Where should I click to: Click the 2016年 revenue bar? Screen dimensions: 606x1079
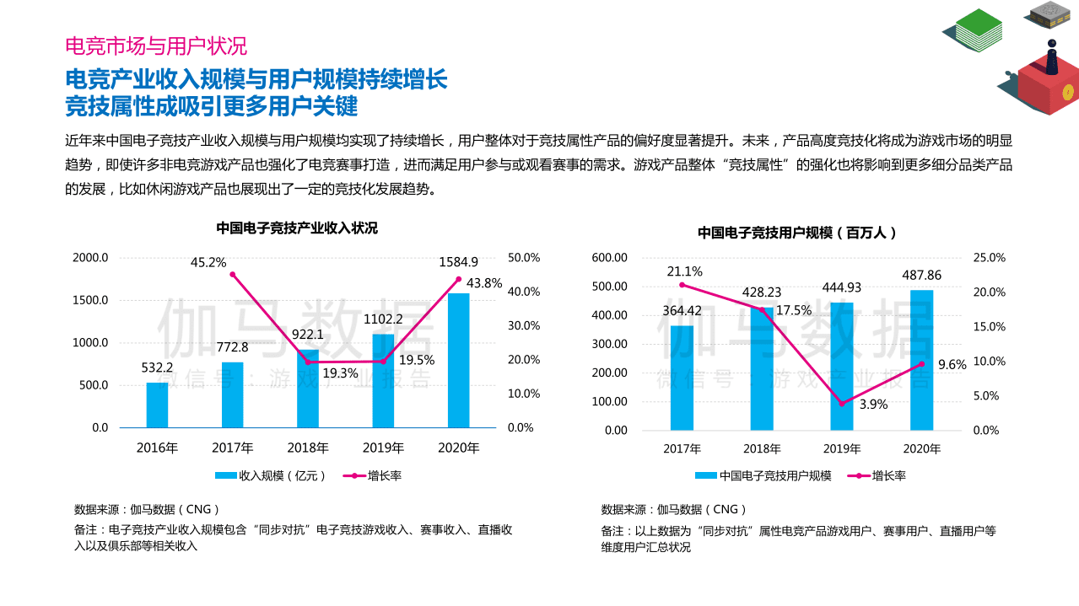coord(157,405)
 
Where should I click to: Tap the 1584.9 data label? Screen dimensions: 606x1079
coord(458,262)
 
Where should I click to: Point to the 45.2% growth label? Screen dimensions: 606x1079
coord(208,262)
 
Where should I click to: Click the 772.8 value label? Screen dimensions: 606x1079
coord(232,347)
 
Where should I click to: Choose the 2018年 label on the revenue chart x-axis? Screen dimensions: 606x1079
coord(308,448)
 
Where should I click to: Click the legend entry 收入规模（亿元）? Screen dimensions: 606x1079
coord(271,476)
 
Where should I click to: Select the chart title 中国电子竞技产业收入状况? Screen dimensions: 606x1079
coord(297,228)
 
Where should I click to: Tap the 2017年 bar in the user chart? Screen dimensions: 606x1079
coord(682,378)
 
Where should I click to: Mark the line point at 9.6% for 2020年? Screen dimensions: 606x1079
coord(921,364)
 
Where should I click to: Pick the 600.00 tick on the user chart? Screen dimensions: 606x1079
coord(609,258)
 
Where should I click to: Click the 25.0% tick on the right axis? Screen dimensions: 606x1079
coord(989,258)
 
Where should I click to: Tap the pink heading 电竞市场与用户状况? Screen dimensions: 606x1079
coord(156,46)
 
